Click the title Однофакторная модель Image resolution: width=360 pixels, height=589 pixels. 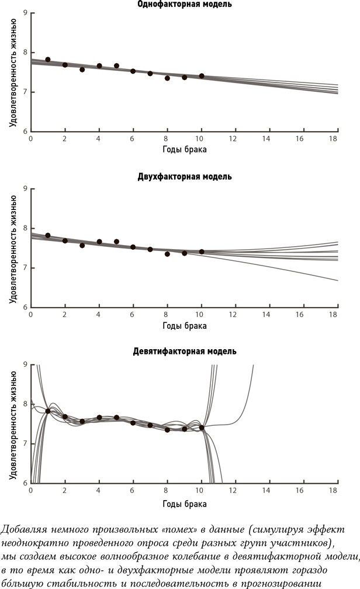tap(184, 5)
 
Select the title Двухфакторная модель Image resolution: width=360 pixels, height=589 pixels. tap(184, 176)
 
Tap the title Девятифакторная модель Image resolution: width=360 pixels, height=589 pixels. tap(184, 352)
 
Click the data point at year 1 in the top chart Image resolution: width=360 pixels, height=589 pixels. tap(48, 60)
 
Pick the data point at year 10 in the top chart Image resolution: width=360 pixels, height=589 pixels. tap(202, 76)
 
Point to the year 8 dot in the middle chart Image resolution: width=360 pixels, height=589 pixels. tap(167, 254)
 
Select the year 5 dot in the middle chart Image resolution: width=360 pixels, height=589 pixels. tap(116, 242)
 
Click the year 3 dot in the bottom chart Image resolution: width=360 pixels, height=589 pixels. tap(82, 421)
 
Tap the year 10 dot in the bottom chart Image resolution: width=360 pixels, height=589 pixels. tap(202, 428)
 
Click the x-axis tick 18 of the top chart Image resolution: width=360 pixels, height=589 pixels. tap(334, 139)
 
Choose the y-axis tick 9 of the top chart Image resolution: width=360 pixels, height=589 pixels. tap(25, 12)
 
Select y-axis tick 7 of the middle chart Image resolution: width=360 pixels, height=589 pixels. tap(25, 268)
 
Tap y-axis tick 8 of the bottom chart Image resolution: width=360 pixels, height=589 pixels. tap(25, 404)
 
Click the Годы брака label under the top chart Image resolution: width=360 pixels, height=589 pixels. tap(184, 149)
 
